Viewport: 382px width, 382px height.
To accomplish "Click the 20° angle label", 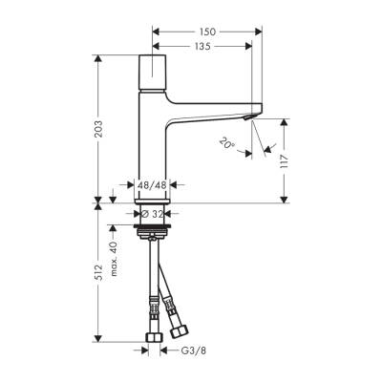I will point(225,144).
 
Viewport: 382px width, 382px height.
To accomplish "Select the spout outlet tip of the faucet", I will point(251,116).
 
